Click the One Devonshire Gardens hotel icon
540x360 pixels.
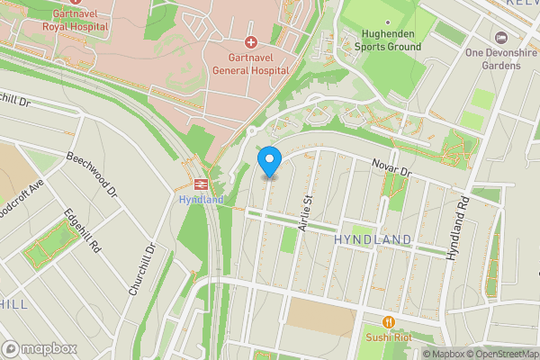[x=501, y=38]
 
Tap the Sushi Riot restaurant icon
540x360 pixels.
[x=389, y=321]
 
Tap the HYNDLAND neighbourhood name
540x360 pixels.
[x=372, y=239]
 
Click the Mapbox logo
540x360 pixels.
[x=39, y=348]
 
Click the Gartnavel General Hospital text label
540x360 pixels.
[x=251, y=63]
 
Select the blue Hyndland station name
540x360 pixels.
[x=193, y=199]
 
